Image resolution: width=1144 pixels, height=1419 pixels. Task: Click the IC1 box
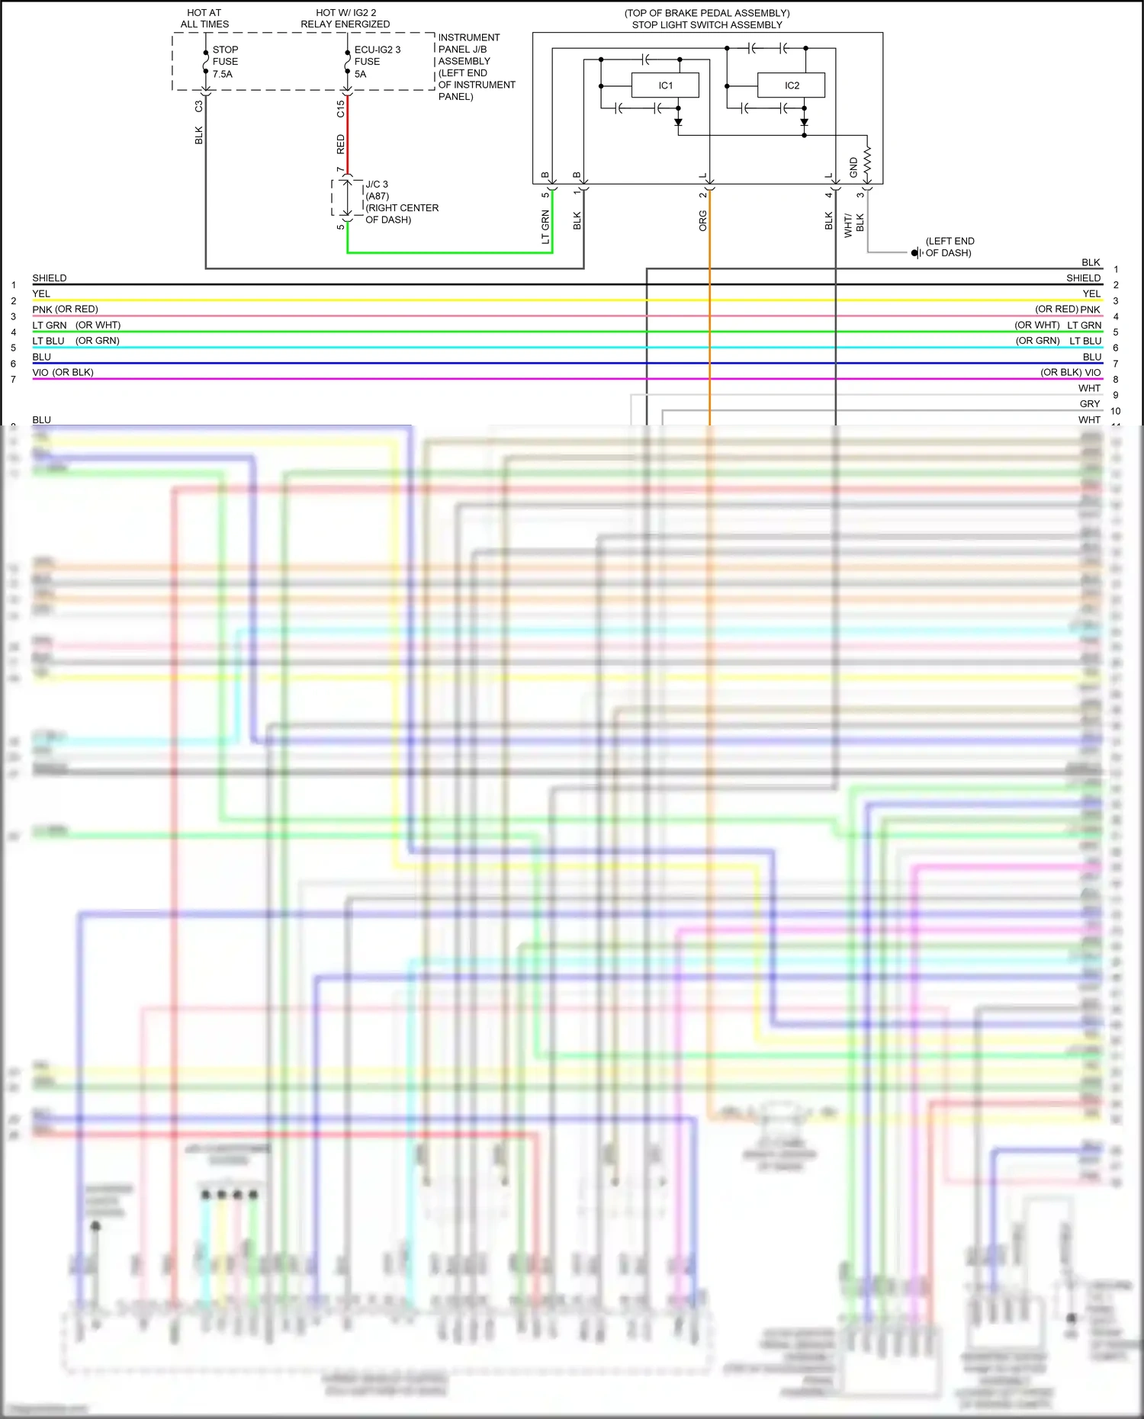pyautogui.click(x=665, y=85)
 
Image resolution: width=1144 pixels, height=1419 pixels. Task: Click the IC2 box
pyautogui.click(x=791, y=85)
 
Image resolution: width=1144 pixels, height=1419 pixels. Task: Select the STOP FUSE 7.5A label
pyautogui.click(x=225, y=62)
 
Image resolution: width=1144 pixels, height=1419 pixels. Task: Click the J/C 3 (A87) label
pyautogui.click(x=377, y=190)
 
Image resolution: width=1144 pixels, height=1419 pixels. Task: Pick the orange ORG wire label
pyautogui.click(x=702, y=221)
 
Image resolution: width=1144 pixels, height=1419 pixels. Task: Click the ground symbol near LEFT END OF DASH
pyautogui.click(x=916, y=252)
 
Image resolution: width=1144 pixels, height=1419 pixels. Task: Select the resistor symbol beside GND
pyautogui.click(x=867, y=162)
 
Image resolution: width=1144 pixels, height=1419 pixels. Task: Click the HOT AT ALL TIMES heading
pyautogui.click(x=204, y=18)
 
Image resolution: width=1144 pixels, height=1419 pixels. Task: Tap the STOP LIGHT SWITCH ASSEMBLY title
pyautogui.click(x=707, y=24)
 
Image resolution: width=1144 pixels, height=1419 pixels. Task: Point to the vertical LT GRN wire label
pyautogui.click(x=545, y=227)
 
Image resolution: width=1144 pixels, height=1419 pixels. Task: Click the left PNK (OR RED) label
pyautogui.click(x=65, y=310)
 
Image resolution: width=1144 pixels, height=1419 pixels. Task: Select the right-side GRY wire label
pyautogui.click(x=1090, y=404)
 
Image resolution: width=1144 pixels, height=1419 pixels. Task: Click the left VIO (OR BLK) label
pyautogui.click(x=63, y=373)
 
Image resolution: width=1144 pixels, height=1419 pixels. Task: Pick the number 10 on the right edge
pyautogui.click(x=1116, y=411)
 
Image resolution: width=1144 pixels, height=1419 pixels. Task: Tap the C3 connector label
pyautogui.click(x=199, y=107)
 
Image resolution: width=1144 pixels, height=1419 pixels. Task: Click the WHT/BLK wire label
pyautogui.click(x=853, y=224)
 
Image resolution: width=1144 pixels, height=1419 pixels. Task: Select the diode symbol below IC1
pyautogui.click(x=678, y=122)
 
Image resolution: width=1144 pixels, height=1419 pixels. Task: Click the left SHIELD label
pyautogui.click(x=50, y=278)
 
